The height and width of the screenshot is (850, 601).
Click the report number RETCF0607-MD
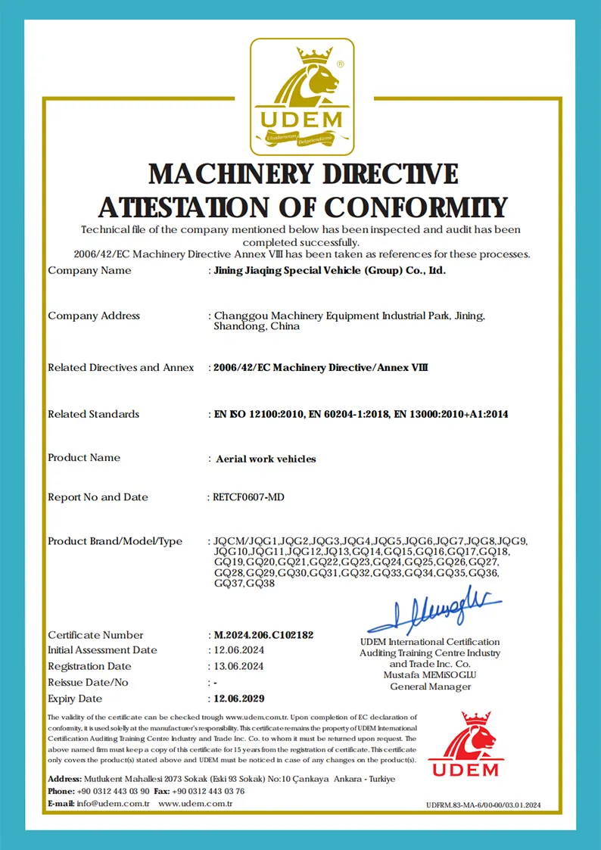(x=249, y=497)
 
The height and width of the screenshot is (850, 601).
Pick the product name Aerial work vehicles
(x=266, y=459)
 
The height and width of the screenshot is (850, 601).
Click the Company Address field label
(x=94, y=316)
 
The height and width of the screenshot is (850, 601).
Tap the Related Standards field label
(x=93, y=414)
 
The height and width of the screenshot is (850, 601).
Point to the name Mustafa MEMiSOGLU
(x=430, y=675)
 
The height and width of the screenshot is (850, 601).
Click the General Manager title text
(x=430, y=687)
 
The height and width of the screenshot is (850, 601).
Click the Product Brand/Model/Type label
(x=115, y=541)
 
